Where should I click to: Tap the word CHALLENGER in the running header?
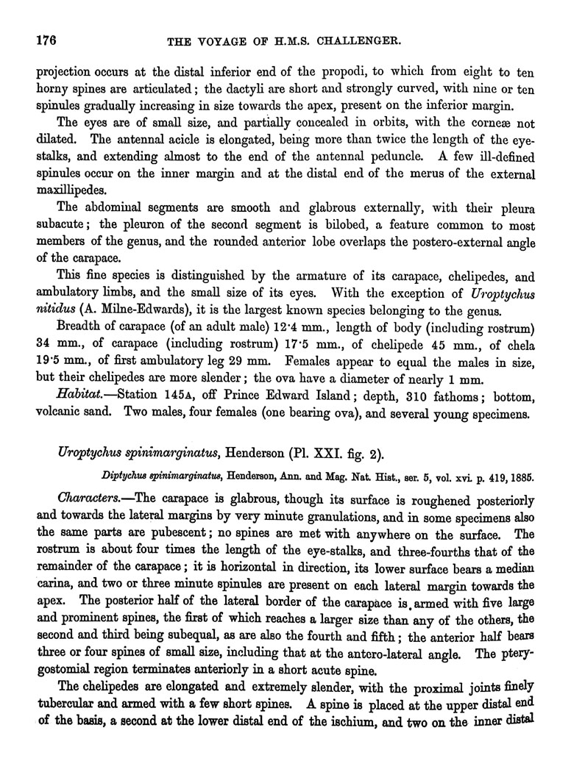click(x=363, y=43)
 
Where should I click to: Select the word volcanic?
click(x=49, y=415)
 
